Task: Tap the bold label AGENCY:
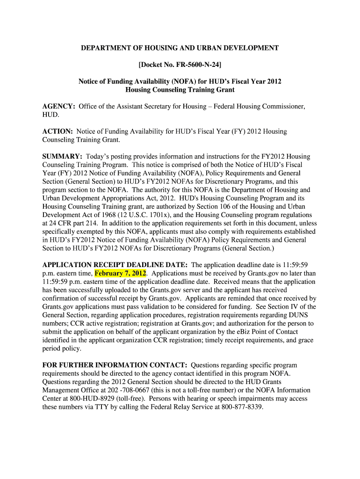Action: (58, 106)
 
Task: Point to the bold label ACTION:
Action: (58, 131)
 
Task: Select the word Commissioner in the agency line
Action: (284, 106)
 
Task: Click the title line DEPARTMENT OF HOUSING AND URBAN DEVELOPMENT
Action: (180, 48)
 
